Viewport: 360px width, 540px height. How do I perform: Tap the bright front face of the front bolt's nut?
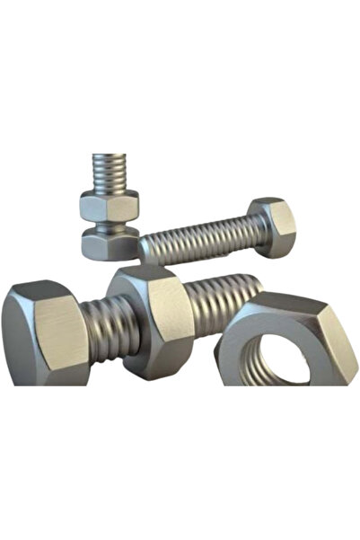point(168,314)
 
